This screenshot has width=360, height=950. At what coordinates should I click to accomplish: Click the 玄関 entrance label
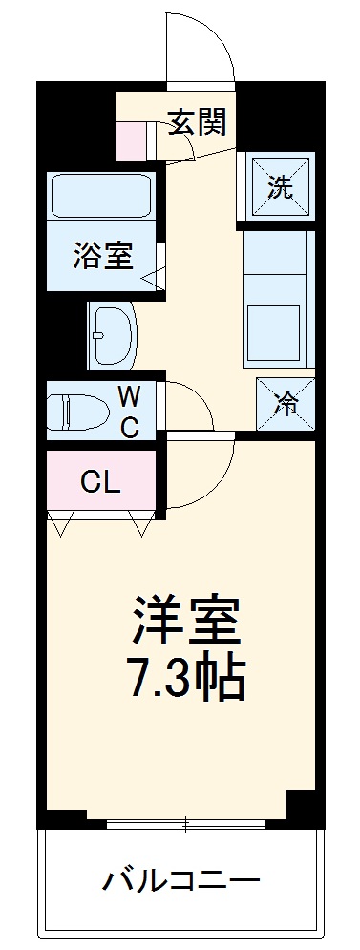[x=199, y=121]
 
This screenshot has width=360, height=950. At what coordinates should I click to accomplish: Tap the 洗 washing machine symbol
[x=280, y=187]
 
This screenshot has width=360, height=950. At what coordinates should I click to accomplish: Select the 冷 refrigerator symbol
[x=286, y=404]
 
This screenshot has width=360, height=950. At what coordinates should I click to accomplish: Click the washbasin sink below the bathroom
[x=113, y=335]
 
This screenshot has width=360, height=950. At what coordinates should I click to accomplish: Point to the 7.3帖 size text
[x=186, y=679]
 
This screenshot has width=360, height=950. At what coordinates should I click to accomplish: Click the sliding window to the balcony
[x=186, y=822]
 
